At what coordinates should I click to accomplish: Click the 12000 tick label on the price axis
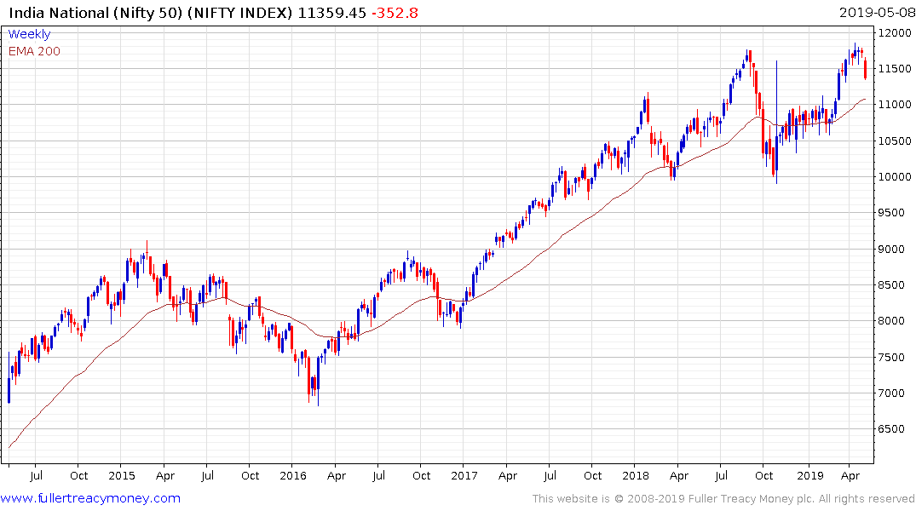896,32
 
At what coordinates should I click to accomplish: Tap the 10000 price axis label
896,176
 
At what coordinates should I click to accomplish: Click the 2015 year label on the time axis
122,476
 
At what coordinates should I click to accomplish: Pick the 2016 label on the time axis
293,476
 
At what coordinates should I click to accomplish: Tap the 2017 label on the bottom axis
464,476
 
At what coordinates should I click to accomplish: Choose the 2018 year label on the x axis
636,476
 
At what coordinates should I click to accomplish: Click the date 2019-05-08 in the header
874,13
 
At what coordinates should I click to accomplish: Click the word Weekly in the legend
30,34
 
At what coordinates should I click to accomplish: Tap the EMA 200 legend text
34,51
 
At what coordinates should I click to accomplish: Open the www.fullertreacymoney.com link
90,498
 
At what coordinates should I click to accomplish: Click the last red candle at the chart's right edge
866,70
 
